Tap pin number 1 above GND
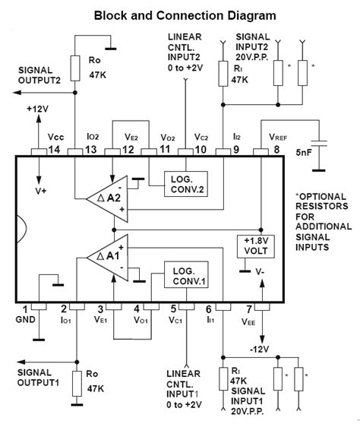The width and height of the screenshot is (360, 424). (x=27, y=309)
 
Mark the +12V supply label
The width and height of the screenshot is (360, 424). (x=36, y=109)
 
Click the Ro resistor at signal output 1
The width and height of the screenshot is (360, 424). (x=76, y=384)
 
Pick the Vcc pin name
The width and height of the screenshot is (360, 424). (x=55, y=137)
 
